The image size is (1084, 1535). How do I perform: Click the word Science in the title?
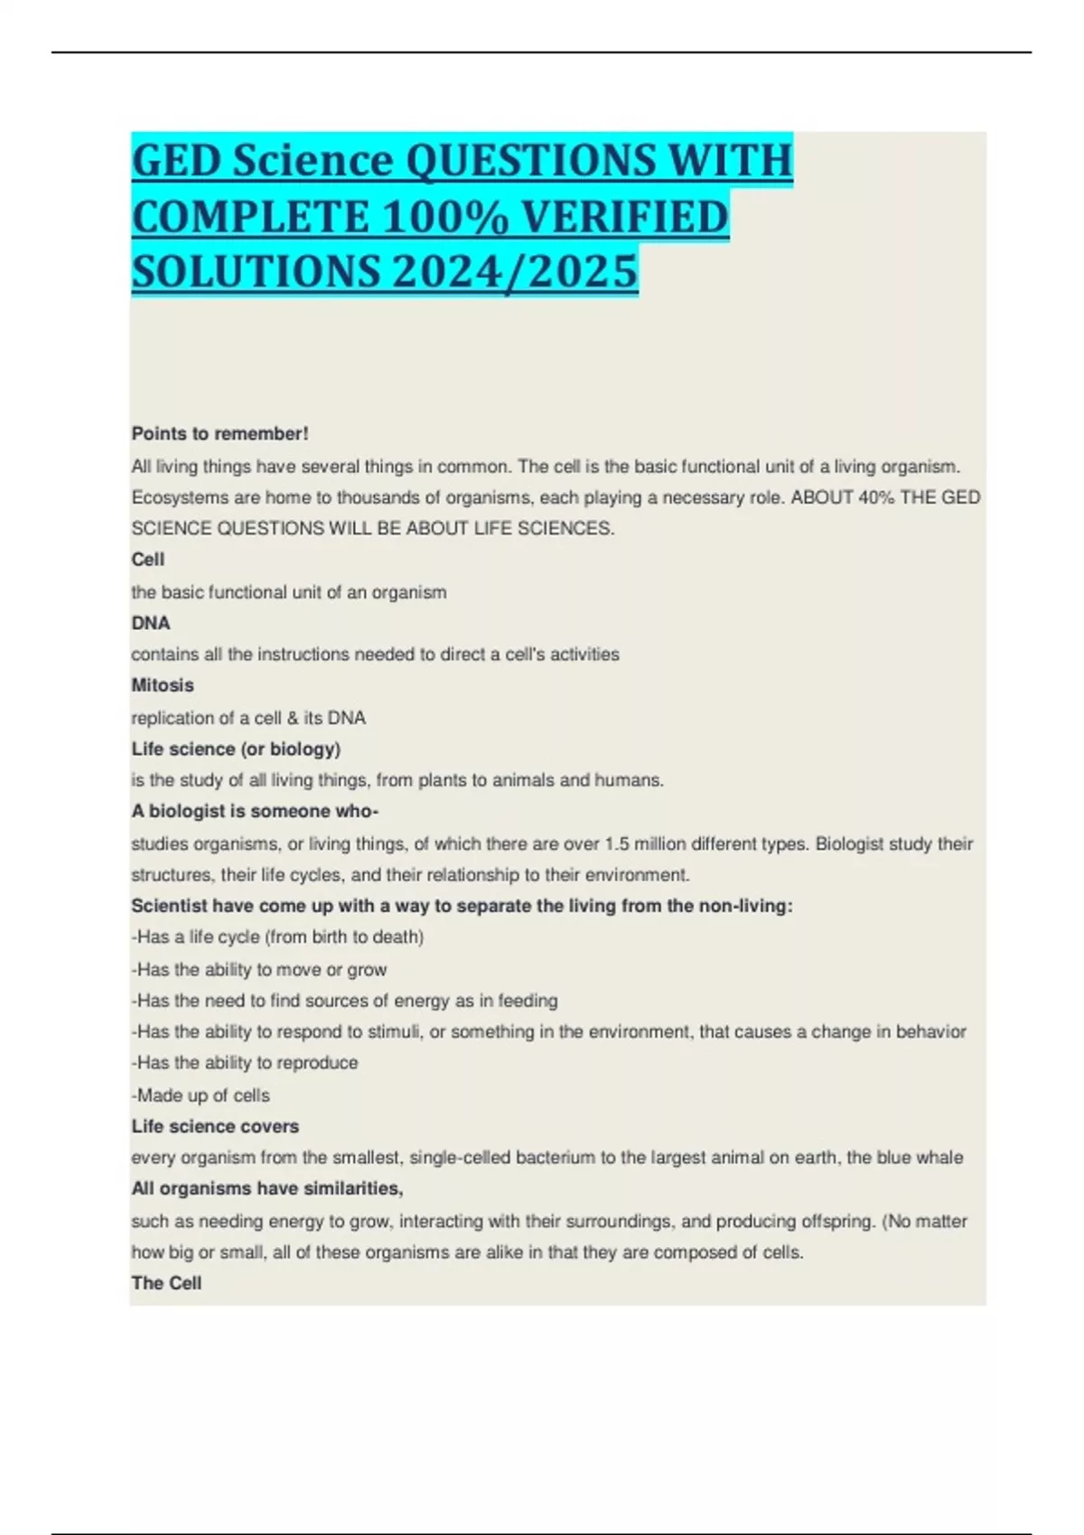tap(311, 162)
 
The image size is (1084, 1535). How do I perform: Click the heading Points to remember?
tap(220, 433)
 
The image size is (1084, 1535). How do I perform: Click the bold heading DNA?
tap(151, 623)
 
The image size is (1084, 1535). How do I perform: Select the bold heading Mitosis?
tap(163, 685)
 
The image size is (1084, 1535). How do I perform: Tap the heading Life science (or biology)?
tap(236, 749)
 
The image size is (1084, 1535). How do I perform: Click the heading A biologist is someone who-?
tap(255, 811)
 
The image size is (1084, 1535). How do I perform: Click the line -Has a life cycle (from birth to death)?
tap(277, 937)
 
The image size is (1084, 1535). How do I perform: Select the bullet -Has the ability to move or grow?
tap(259, 970)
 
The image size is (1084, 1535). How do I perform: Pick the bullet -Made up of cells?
tap(201, 1095)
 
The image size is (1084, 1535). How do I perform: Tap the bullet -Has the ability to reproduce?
tap(245, 1063)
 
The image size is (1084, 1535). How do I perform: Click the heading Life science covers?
tap(215, 1126)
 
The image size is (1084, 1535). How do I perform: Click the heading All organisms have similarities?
tap(267, 1188)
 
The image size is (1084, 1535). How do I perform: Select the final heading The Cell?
tap(166, 1283)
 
